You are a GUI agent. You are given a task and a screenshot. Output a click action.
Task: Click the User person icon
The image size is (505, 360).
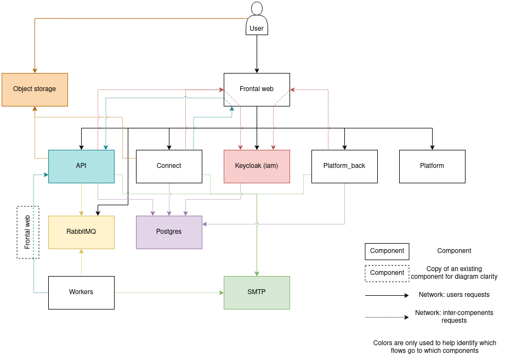click(257, 18)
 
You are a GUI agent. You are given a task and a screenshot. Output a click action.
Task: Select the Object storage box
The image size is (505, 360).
click(35, 89)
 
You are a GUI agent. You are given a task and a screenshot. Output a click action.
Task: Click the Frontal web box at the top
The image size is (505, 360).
click(257, 89)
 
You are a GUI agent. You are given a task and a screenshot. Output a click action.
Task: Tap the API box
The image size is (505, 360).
click(81, 166)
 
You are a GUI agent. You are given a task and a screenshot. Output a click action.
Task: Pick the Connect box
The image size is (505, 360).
click(169, 166)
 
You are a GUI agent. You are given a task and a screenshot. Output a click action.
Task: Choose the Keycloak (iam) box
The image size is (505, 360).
click(257, 166)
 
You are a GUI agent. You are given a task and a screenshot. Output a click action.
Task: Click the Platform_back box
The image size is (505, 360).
click(344, 166)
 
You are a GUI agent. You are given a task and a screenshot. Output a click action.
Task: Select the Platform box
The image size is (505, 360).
click(432, 166)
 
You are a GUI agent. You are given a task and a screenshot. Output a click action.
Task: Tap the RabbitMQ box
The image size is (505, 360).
click(81, 232)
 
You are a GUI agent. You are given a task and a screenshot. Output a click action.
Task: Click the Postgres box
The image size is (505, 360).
click(169, 232)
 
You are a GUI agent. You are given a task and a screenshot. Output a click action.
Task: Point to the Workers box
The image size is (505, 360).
click(81, 292)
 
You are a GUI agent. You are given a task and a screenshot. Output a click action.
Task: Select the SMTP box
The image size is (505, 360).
click(257, 292)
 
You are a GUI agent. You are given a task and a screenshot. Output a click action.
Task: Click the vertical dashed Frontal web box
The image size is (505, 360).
click(28, 232)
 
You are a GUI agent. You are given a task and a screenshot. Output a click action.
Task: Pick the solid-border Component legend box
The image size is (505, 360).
click(387, 251)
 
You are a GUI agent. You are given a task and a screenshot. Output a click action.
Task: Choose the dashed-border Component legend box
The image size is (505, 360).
click(387, 273)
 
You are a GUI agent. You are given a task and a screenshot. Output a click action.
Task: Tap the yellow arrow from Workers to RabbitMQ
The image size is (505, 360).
click(81, 263)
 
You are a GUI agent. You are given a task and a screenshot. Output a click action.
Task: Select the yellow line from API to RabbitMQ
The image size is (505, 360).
click(81, 199)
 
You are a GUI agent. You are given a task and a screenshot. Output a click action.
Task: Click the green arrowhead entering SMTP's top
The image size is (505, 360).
click(257, 273)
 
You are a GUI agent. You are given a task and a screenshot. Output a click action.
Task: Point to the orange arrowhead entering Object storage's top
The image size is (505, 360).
click(35, 70)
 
